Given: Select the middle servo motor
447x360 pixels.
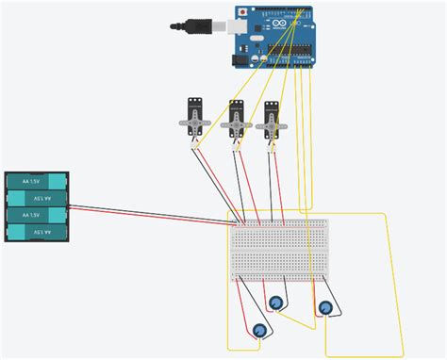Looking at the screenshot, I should (234, 121).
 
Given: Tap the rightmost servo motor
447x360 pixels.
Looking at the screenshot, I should (272, 121).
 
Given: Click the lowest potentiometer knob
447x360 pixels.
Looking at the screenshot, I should (259, 330).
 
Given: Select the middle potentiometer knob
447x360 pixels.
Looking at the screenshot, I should (276, 303).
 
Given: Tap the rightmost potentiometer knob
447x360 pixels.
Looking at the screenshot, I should (325, 307).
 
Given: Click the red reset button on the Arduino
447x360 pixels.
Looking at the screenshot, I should (243, 12).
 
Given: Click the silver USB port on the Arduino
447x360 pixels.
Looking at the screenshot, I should (226, 25).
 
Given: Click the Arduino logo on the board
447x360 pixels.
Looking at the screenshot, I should (276, 29).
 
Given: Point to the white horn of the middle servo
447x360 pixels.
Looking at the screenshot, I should (234, 123).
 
